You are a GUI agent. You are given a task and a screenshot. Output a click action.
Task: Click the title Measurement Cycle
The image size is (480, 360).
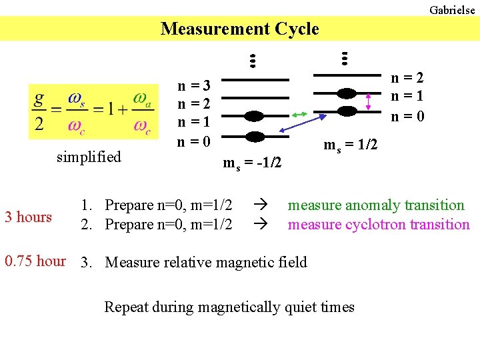coord(240,29)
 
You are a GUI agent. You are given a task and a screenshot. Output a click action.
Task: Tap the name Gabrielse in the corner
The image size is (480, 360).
coord(452,10)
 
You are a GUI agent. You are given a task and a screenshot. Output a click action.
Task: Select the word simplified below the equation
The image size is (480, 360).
coord(89,157)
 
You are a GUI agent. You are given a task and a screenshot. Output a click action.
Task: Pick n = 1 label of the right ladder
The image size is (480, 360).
coord(407,97)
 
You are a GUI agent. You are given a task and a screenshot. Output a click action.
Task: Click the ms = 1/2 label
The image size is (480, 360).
coord(351,145)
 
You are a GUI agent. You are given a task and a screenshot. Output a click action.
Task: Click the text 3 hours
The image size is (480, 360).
coord(28,217)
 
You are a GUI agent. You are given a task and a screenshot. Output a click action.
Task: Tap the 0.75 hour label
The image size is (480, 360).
coord(35,261)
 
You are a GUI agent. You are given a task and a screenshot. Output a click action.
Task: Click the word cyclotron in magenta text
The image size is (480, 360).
coord(376,225)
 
